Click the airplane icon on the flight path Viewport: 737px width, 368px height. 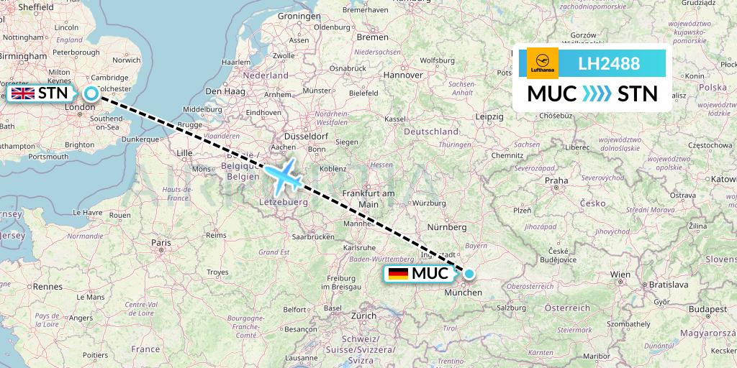coord(284,176)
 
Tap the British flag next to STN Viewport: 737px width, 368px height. coord(23,93)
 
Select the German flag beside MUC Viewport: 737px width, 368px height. coord(398,274)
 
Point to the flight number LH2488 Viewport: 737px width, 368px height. coord(609,64)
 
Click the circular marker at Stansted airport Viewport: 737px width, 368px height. coord(91,93)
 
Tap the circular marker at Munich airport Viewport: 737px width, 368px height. coord(469,273)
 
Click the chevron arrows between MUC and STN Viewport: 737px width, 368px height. coord(597,93)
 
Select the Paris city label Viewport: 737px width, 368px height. coord(160,243)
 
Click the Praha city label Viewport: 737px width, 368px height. coord(556,180)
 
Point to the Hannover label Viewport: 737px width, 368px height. coord(403,75)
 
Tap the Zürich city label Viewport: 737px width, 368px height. coord(363,316)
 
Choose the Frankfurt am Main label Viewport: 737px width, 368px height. coord(368,198)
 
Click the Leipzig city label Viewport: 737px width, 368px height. coord(489,116)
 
